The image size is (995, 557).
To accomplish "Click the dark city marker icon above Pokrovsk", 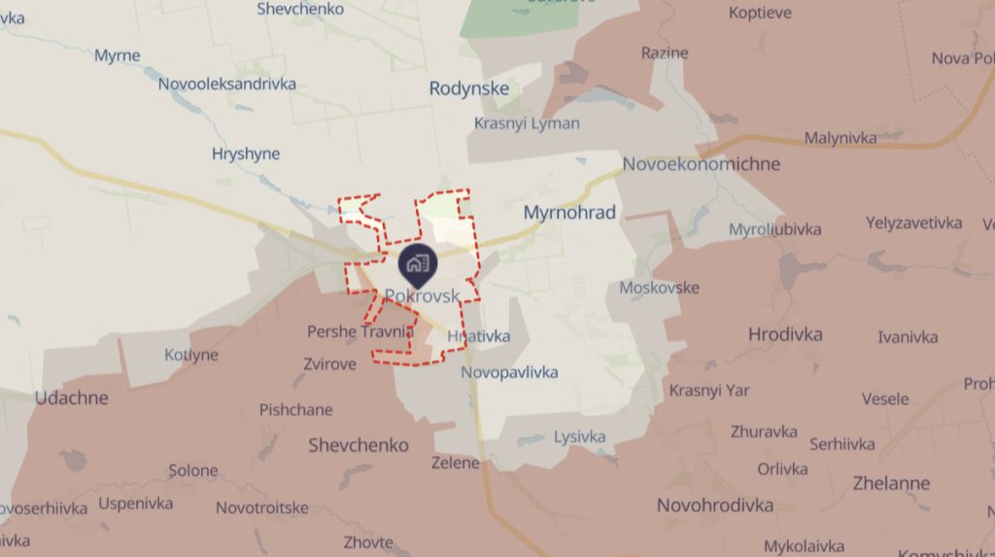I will click(418, 262).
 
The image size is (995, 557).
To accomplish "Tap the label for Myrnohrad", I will click(569, 212).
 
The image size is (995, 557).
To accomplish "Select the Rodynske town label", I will click(469, 88).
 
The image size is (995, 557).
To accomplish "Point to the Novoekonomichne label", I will click(702, 163).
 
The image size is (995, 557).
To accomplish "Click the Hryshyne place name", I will click(246, 154).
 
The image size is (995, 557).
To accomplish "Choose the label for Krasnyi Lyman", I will click(527, 123).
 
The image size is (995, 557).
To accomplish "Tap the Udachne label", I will click(72, 398).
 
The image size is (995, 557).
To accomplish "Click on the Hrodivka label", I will click(785, 334).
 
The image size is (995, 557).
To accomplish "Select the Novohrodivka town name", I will click(715, 505).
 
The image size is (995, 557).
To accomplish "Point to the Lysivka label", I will click(580, 436).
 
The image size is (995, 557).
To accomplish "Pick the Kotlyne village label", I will click(191, 355).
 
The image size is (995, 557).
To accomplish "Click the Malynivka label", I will click(841, 138).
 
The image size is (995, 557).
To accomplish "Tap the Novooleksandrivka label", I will click(227, 84).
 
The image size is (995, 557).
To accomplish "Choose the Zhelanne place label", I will click(891, 483).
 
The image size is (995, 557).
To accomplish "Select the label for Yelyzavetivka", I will click(914, 223).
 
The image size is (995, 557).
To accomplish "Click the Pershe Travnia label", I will click(360, 331).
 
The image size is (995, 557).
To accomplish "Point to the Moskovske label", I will click(660, 288).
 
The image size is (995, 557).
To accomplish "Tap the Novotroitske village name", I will click(262, 507).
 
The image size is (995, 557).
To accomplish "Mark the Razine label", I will click(665, 52).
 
